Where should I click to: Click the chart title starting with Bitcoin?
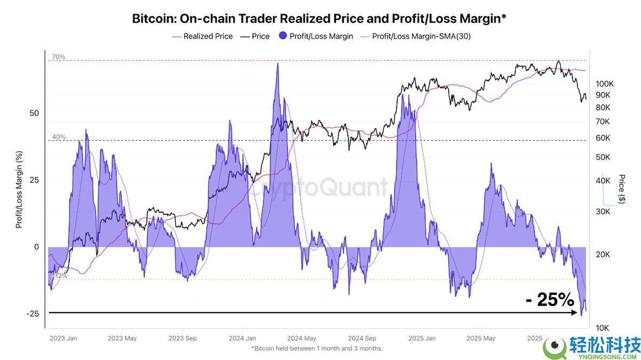pos(319,19)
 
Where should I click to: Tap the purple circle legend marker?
pos(281,36)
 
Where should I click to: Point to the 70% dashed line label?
pos(59,57)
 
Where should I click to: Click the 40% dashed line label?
pos(59,137)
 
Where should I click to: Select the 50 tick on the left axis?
pos(34,113)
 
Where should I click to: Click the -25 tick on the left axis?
pos(33,314)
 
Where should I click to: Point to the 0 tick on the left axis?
pos(36,247)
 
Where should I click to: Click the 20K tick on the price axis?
pos(603,255)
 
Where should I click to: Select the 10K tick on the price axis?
pos(603,327)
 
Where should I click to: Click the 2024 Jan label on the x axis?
pos(242,338)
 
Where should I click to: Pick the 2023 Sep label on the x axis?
pos(183,338)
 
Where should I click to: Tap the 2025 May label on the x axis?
pos(481,338)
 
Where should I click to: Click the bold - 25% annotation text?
pos(550,300)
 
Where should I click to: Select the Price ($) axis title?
pos(622,189)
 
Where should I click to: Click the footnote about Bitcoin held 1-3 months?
pos(317,348)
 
